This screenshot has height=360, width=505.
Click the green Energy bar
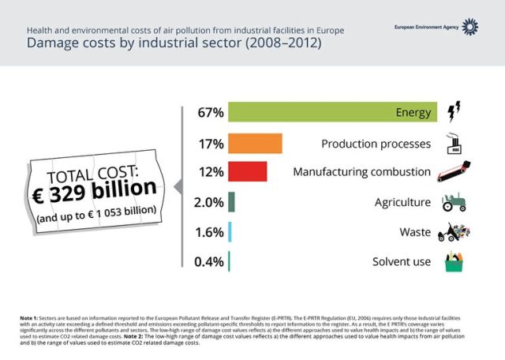331,112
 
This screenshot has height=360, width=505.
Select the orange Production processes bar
255,143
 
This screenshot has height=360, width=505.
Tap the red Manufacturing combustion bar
247,171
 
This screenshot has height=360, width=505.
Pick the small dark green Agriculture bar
231,201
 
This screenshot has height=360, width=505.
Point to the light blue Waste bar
229,231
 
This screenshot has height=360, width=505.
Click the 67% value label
211,113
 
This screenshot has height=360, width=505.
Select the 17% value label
211,144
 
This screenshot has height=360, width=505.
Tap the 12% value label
211,172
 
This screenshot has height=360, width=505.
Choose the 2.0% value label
208,202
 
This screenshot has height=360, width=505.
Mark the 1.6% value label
208,232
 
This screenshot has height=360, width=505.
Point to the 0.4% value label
208,261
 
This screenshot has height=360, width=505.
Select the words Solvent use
402,261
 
